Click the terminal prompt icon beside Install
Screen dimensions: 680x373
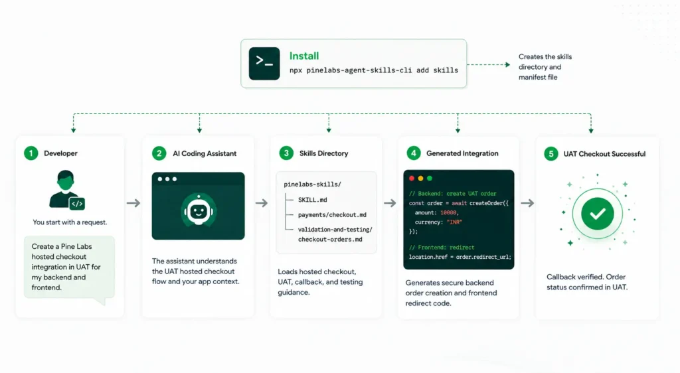(x=264, y=63)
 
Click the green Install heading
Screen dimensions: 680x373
(x=304, y=56)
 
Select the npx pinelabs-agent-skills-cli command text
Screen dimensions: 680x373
(x=373, y=70)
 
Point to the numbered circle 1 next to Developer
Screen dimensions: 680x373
(x=31, y=153)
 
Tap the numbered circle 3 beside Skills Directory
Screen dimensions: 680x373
(x=286, y=153)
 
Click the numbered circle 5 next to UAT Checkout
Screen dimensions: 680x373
(x=551, y=154)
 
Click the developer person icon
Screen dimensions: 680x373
(x=67, y=190)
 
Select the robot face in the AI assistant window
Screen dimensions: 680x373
(x=198, y=211)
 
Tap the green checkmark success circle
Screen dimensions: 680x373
(x=597, y=214)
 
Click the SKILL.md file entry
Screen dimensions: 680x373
(x=312, y=200)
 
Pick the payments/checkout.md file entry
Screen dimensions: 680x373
(x=332, y=214)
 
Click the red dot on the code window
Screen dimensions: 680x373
(x=412, y=179)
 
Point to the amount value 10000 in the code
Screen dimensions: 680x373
(x=448, y=212)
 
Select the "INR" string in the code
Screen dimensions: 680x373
(x=454, y=222)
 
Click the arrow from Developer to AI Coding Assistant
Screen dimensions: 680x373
(x=133, y=202)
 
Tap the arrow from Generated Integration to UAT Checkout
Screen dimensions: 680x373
(x=527, y=202)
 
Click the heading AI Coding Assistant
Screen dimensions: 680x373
(x=205, y=153)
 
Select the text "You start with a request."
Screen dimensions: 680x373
(x=70, y=222)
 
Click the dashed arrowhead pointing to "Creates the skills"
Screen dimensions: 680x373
(x=507, y=64)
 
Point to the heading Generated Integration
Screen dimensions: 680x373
(x=462, y=153)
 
